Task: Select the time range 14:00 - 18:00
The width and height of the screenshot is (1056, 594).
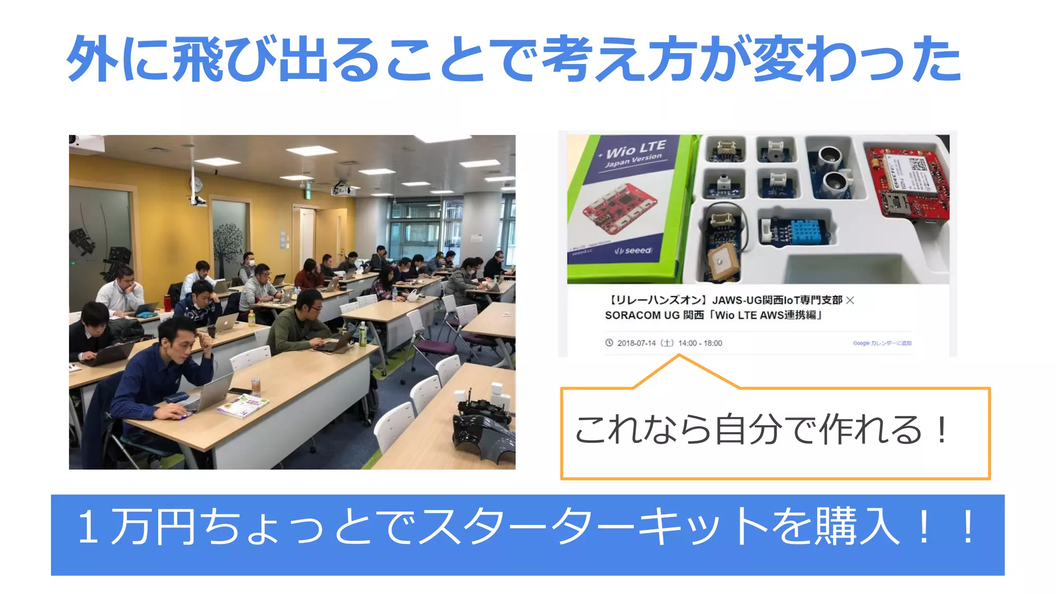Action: (x=700, y=343)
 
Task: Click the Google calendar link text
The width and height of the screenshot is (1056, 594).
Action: (x=882, y=343)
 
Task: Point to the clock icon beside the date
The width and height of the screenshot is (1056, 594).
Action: (x=609, y=342)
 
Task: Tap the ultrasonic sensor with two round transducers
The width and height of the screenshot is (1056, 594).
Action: (x=832, y=168)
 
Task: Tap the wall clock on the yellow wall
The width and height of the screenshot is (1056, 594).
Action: (x=196, y=184)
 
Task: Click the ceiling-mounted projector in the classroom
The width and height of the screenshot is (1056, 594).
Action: (x=342, y=190)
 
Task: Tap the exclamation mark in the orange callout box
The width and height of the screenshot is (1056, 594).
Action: (x=942, y=430)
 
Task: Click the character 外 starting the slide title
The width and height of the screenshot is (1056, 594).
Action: (x=92, y=59)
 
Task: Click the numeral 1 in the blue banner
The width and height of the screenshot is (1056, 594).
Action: (x=88, y=527)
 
